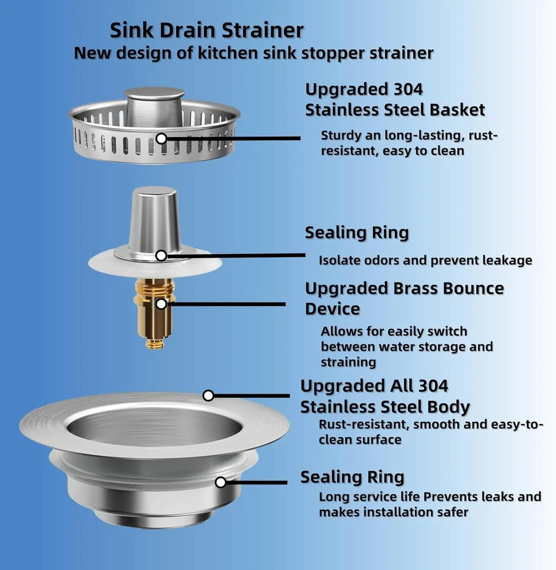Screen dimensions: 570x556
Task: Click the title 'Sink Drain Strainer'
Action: [x=206, y=30]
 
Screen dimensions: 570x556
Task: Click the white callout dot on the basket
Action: [x=161, y=138]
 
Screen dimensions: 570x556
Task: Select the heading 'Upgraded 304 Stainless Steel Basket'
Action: [x=395, y=99]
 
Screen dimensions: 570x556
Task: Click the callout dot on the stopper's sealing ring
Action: [x=161, y=255]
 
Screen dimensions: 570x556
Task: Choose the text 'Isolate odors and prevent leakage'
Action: [x=425, y=261]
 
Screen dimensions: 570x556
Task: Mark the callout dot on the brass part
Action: [x=161, y=303]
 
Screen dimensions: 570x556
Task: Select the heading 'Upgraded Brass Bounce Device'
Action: [x=404, y=298]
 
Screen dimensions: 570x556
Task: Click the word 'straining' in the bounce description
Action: [x=348, y=362]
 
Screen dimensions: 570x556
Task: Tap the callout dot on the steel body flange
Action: [x=208, y=395]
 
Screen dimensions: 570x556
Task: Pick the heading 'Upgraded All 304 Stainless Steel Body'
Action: [x=385, y=396]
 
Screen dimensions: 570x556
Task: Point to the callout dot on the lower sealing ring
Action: [x=220, y=482]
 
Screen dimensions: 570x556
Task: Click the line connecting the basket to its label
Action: [x=233, y=138]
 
